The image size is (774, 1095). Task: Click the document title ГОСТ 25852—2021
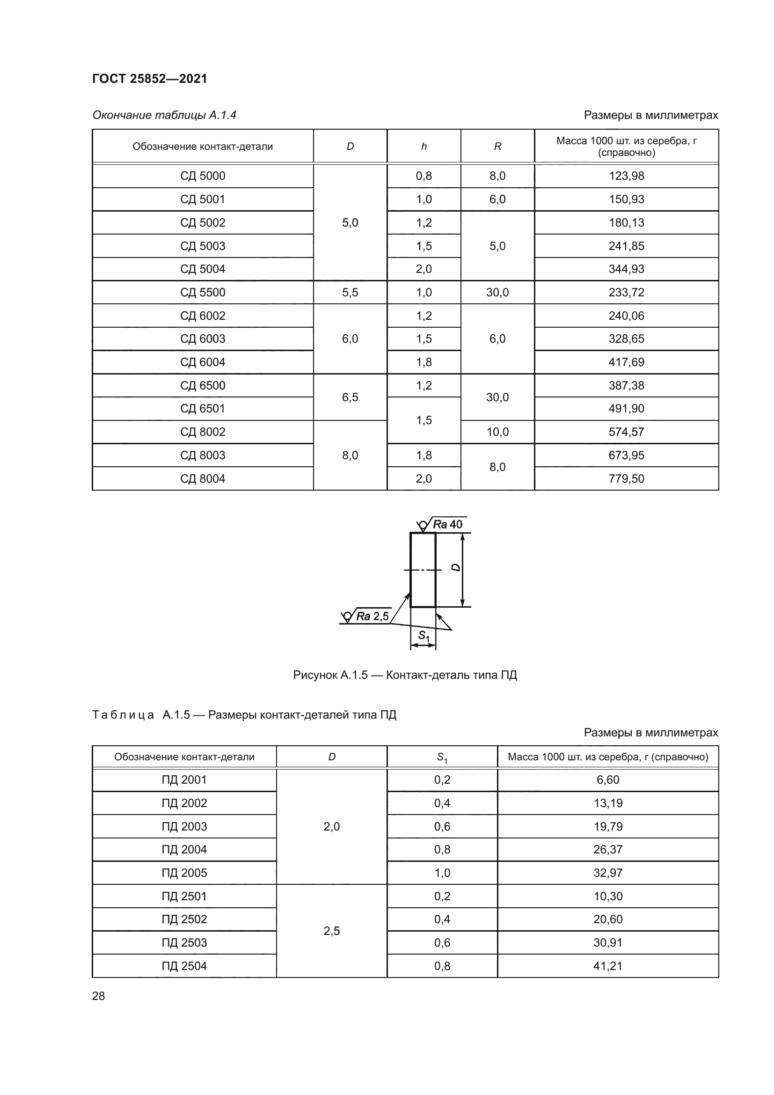click(x=150, y=79)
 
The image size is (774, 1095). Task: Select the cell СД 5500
click(x=203, y=292)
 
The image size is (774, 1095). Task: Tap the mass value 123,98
click(x=626, y=176)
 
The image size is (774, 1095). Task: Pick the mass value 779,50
click(x=626, y=478)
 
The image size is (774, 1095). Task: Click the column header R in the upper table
click(x=497, y=147)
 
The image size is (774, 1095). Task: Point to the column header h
click(x=424, y=147)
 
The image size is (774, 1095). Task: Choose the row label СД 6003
click(x=203, y=338)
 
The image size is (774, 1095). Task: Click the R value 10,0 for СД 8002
click(x=497, y=432)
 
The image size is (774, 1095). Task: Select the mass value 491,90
click(x=626, y=409)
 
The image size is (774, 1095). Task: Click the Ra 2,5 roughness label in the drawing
click(x=372, y=616)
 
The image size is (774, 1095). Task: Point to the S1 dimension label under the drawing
click(x=423, y=635)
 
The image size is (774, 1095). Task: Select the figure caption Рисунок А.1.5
click(x=405, y=675)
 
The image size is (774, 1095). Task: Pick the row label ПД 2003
click(x=184, y=826)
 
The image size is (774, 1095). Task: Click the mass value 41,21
click(x=608, y=966)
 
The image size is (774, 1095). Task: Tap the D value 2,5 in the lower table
click(x=331, y=931)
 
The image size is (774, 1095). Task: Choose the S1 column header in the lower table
click(x=442, y=757)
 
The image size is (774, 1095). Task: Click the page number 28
click(x=98, y=996)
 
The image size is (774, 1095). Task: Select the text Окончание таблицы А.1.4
click(x=164, y=115)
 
